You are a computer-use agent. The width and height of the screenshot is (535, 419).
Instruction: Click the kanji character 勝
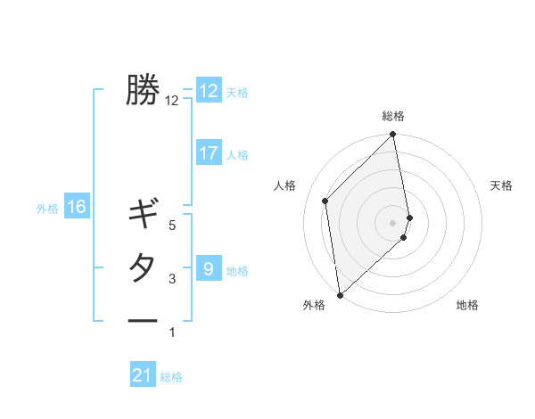point(143,89)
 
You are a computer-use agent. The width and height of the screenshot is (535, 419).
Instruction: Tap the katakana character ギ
point(143,215)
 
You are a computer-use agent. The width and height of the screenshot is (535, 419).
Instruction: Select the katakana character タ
point(143,267)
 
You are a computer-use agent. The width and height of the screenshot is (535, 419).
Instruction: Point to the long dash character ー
point(143,320)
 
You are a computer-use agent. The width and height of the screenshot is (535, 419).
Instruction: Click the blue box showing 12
point(209,91)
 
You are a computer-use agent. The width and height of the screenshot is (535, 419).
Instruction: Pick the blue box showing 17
point(209,153)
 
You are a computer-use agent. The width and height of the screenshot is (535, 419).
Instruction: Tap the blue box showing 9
point(209,268)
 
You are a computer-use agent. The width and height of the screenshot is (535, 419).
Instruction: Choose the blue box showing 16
point(77,208)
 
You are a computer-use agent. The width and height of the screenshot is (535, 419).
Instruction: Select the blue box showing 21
point(143,375)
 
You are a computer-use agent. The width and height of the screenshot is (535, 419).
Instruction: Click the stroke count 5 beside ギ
point(172,226)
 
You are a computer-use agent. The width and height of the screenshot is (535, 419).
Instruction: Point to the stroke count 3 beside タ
point(172,279)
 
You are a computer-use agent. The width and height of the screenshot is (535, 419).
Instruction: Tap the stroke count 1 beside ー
point(172,333)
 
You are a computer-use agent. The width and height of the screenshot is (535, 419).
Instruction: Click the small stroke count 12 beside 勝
point(172,101)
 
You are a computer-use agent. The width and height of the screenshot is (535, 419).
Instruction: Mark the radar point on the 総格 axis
point(392,136)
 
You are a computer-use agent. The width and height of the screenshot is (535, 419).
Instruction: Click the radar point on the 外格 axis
point(340,293)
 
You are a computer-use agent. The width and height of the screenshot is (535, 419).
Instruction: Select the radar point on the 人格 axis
point(325,201)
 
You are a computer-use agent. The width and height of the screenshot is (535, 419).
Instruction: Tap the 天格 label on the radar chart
point(502,185)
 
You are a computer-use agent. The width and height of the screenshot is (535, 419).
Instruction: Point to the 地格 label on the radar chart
point(467,305)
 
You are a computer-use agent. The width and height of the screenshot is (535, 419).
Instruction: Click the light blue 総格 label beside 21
point(171,377)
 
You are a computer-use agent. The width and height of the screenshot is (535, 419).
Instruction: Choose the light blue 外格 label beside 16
point(47,209)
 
